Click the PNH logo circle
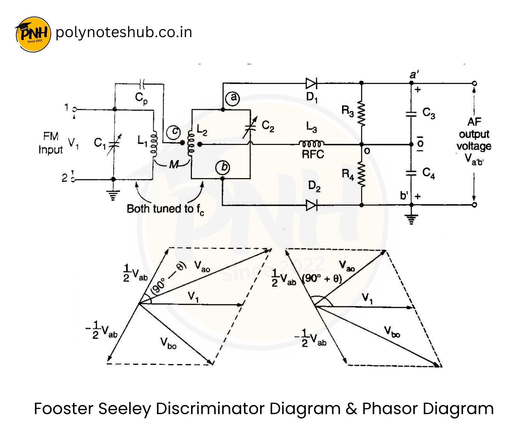pos(33,34)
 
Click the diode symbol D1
pos(312,83)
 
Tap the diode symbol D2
pos(312,205)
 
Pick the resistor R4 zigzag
pos(361,174)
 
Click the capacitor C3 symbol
pos(411,114)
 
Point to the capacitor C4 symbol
pos(411,173)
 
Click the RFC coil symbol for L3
pos(312,143)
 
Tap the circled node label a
pos(233,98)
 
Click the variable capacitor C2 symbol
pos(251,127)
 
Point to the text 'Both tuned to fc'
pos(165,209)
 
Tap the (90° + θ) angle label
pos(322,279)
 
